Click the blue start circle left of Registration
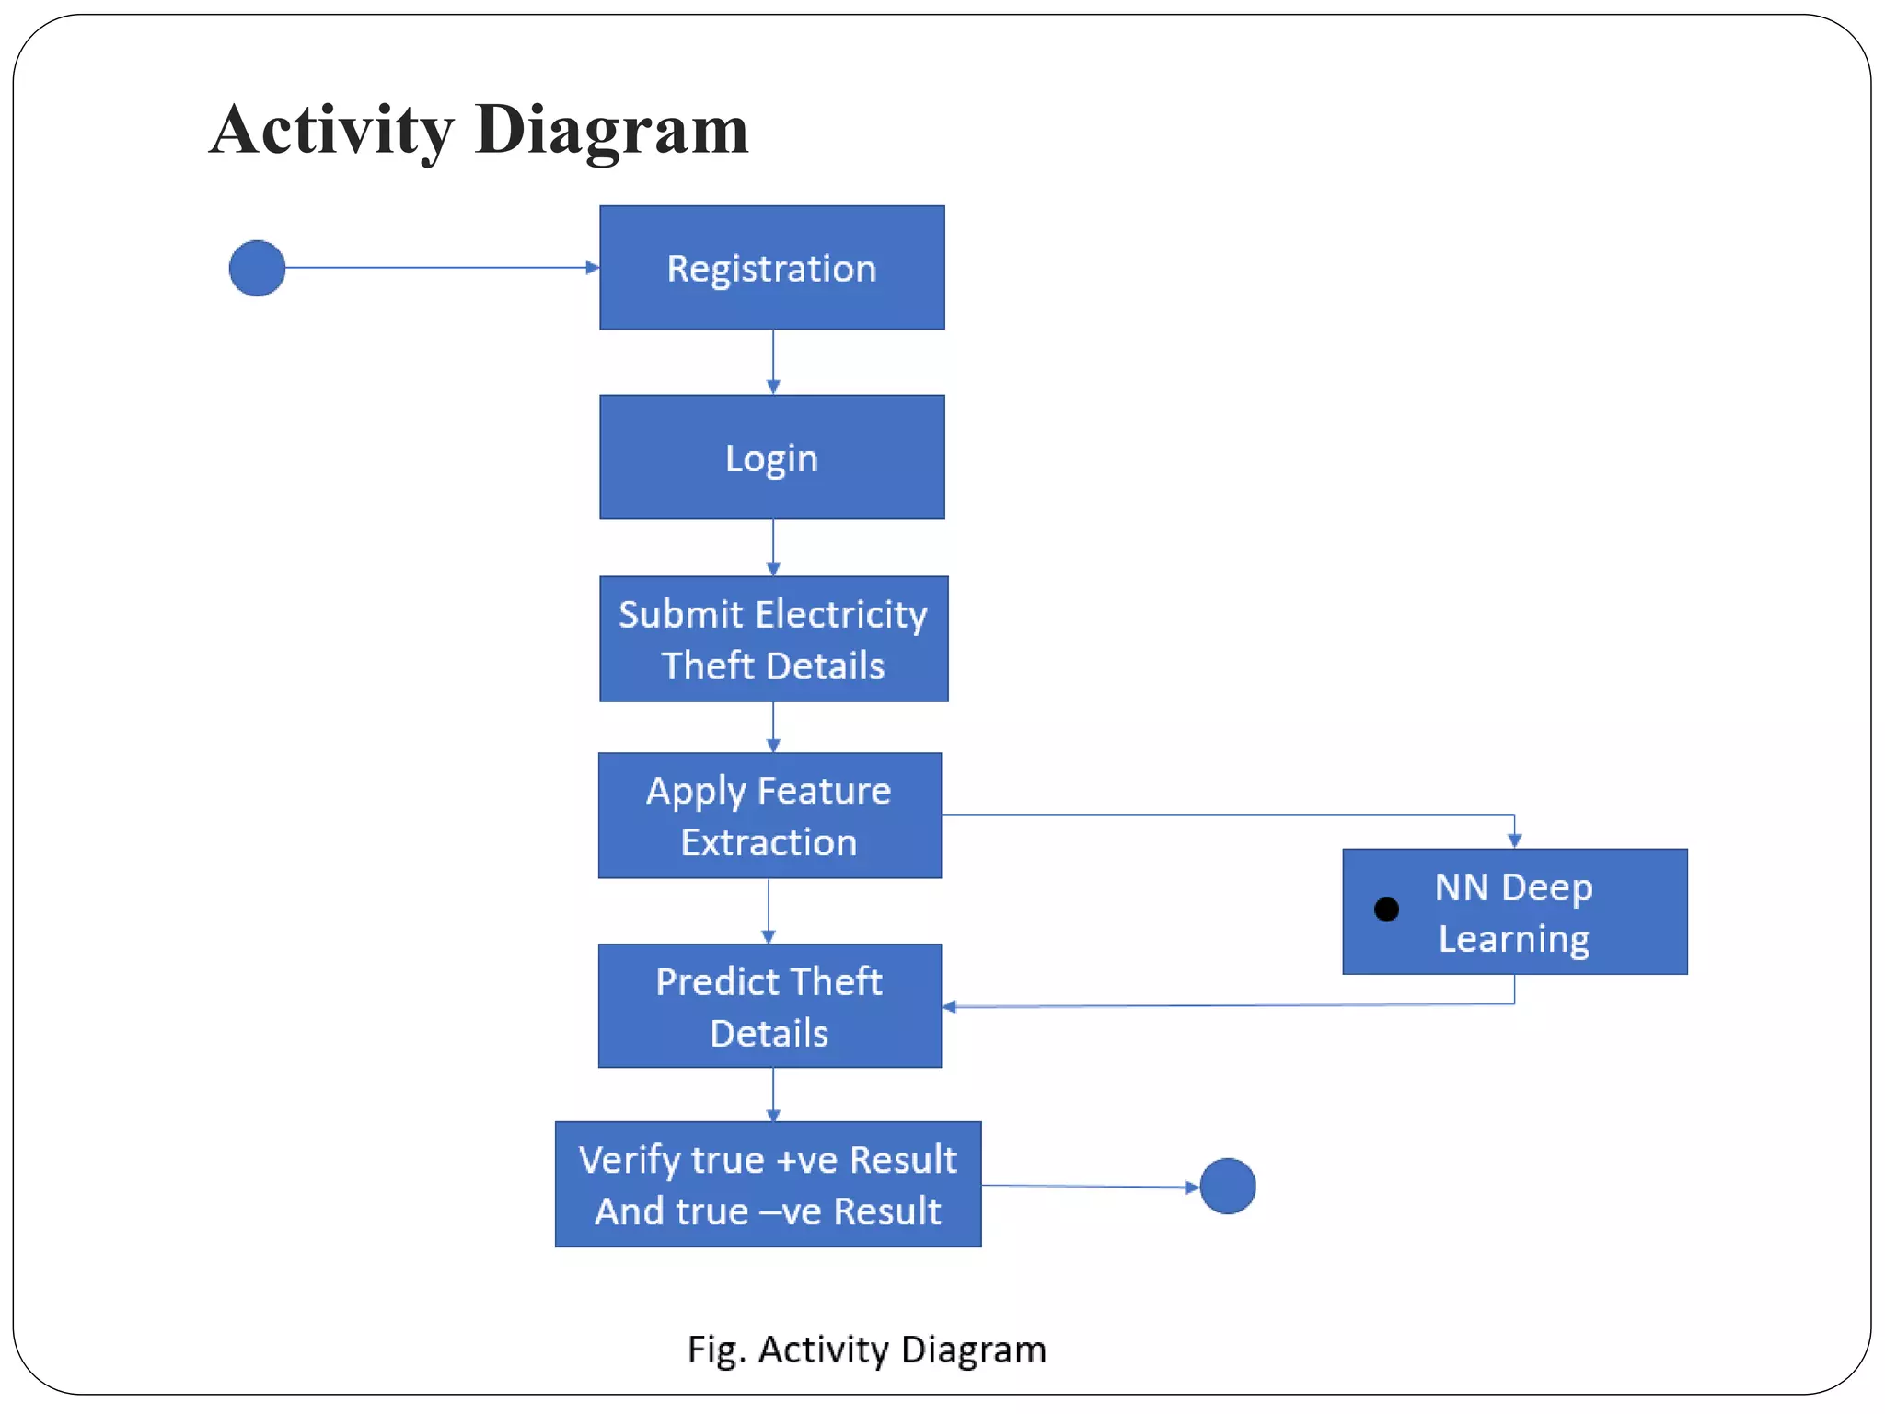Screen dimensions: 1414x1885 point(257,268)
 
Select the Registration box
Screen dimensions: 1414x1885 point(771,268)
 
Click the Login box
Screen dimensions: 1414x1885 point(771,458)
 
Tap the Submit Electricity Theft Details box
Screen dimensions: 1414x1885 point(773,639)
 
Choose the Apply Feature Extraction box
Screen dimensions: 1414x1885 point(769,816)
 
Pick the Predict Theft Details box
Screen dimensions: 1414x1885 point(769,1006)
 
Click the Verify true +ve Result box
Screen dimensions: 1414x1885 point(768,1184)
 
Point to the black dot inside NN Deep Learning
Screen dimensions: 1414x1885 point(1386,910)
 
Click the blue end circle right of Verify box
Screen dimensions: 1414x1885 point(1228,1186)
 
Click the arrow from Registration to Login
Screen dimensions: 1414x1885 point(773,362)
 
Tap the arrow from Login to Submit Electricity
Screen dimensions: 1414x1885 point(773,548)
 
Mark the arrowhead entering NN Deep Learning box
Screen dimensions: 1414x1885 point(1514,840)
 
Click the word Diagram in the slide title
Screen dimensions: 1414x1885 point(612,130)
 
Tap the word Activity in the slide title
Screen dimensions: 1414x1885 point(331,130)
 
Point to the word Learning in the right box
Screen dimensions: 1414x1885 point(1514,939)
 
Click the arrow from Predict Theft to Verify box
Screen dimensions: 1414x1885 point(773,1095)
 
